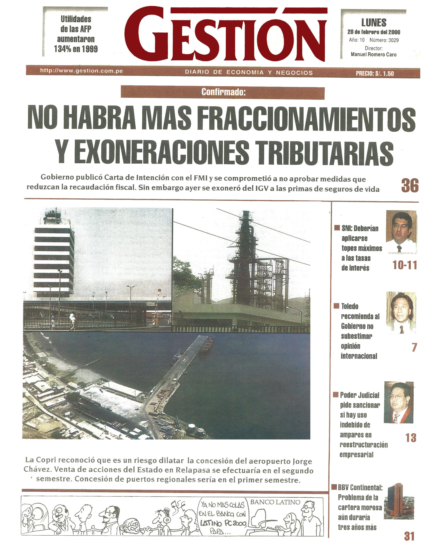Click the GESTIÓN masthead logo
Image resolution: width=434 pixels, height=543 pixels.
pyautogui.click(x=225, y=35)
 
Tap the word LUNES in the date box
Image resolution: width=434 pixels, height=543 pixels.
pyautogui.click(x=374, y=23)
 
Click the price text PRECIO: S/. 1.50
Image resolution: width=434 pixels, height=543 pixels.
pyautogui.click(x=375, y=73)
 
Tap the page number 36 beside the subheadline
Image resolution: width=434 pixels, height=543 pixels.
pyautogui.click(x=410, y=186)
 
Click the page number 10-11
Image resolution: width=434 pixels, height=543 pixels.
pyautogui.click(x=405, y=265)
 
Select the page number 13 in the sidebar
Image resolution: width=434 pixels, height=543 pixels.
pyautogui.click(x=411, y=438)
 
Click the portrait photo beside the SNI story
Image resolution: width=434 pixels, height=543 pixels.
pyautogui.click(x=401, y=232)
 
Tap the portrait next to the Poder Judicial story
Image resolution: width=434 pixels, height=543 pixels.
pyautogui.click(x=399, y=403)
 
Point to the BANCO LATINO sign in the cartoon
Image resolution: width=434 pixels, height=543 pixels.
pyautogui.click(x=275, y=502)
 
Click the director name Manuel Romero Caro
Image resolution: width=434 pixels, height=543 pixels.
pyautogui.click(x=374, y=54)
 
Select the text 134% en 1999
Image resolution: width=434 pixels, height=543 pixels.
pyautogui.click(x=76, y=49)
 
